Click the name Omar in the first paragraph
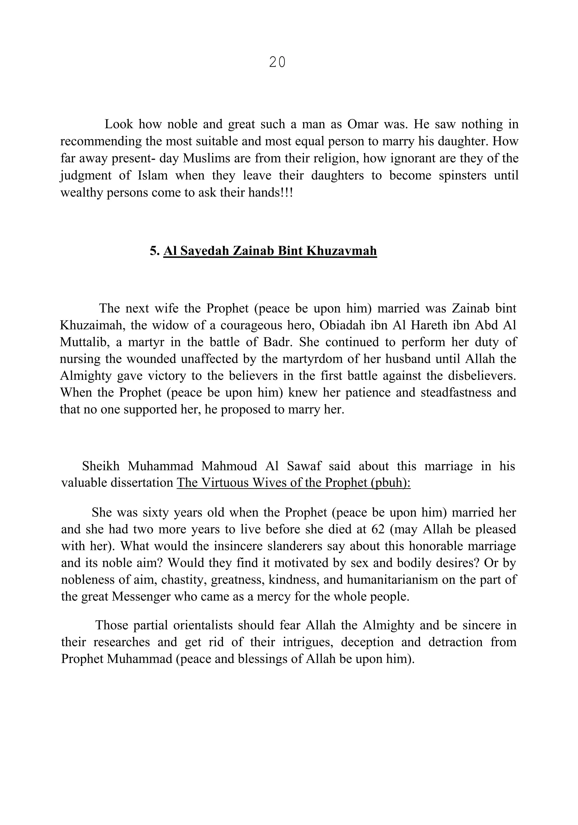(362, 124)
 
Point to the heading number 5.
(155, 251)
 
